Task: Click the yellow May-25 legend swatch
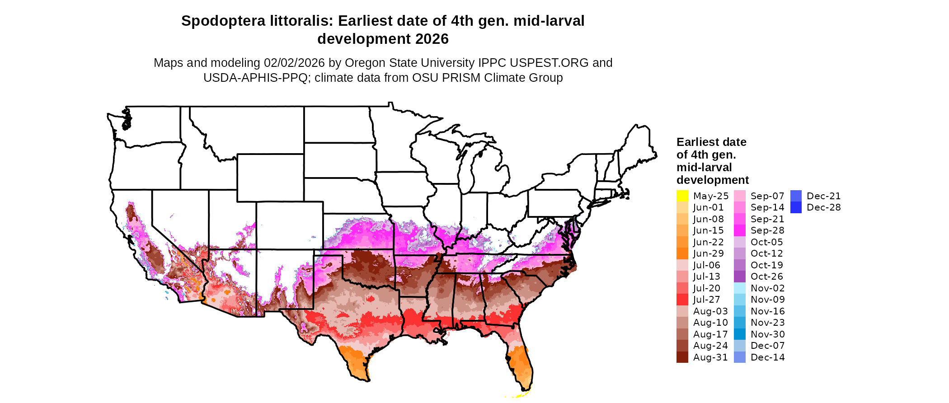(x=682, y=196)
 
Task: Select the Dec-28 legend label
(x=823, y=207)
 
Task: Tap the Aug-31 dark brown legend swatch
(x=682, y=357)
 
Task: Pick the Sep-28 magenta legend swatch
(x=739, y=230)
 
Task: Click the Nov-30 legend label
(x=767, y=334)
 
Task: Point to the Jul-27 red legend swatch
(x=682, y=300)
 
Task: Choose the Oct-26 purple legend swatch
(x=739, y=276)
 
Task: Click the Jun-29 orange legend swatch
(x=682, y=253)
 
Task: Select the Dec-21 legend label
(x=823, y=196)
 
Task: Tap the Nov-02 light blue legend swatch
(x=739, y=288)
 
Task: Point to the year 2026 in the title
(x=432, y=39)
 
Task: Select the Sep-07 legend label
(x=767, y=196)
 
